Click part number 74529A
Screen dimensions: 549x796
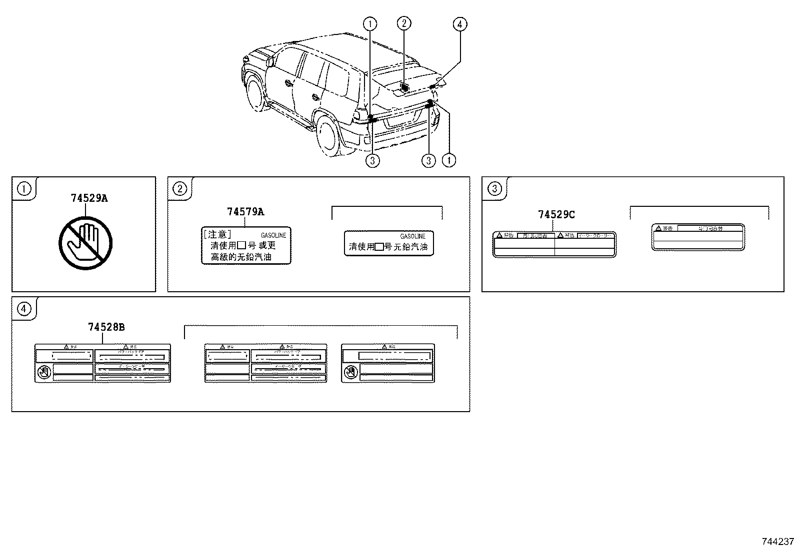89,198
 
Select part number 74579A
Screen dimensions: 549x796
245,212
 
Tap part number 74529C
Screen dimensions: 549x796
556,215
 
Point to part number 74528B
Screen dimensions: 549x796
106,327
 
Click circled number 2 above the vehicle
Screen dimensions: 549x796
403,23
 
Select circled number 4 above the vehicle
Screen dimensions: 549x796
459,23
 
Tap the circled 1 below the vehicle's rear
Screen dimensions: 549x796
449,160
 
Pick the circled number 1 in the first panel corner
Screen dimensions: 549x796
24,189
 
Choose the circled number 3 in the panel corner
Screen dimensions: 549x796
494,189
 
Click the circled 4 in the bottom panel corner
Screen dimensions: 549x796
24,309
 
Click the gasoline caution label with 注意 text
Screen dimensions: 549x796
246,245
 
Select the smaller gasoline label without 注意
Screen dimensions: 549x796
388,243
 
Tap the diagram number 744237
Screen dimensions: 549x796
777,542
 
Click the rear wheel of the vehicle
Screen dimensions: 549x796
329,135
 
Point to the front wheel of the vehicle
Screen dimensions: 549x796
255,90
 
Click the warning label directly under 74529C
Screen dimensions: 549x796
554,244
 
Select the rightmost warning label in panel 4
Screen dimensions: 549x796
387,363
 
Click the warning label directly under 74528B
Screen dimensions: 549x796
102,363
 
